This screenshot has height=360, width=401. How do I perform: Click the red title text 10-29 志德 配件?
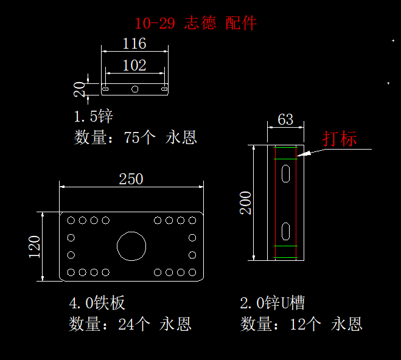point(196,24)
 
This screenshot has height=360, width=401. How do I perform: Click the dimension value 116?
point(134,44)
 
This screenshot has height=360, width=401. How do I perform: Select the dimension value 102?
point(134,65)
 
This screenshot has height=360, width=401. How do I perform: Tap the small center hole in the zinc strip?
point(135,89)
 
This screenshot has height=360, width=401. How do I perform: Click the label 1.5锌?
point(93,116)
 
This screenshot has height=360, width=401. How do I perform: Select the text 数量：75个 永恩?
point(135,137)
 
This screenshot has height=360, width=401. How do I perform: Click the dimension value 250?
point(131,179)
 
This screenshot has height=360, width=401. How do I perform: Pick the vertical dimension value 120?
point(35,246)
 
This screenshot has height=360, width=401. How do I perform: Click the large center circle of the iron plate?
point(131,246)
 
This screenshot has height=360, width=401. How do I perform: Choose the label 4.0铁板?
point(97,303)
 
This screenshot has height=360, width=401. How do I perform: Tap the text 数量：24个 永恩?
point(130,324)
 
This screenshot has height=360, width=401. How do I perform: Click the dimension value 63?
point(285,119)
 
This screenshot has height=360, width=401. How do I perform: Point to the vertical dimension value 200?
point(246,202)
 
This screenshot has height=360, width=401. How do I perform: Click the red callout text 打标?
point(340,139)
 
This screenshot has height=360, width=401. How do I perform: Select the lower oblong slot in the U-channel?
point(285,230)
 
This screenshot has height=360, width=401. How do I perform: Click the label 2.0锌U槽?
point(272,303)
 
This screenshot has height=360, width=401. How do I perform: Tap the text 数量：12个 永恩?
point(301,324)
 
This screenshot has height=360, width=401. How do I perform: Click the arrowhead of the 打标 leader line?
point(300,156)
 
